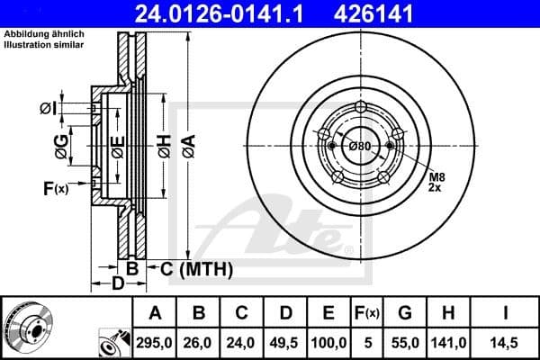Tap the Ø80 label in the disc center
click(x=360, y=147)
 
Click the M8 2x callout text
click(x=436, y=183)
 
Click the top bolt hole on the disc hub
click(x=361, y=109)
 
